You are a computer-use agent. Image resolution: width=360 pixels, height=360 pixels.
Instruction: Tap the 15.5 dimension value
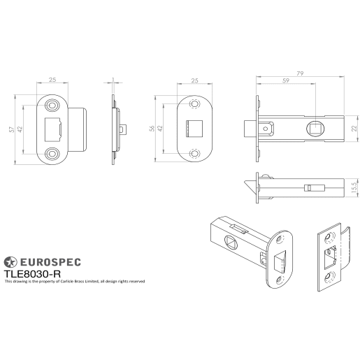(x=354, y=188)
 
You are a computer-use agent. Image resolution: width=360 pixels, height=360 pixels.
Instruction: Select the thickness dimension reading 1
(x=113, y=80)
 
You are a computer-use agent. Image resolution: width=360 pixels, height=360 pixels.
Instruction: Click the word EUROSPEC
(x=49, y=262)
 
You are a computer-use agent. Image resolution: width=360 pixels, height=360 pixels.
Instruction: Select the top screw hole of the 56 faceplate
(x=194, y=106)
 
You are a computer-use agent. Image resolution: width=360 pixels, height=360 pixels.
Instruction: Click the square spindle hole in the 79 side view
(x=315, y=128)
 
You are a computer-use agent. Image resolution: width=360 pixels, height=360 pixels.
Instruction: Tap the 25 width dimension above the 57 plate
(x=53, y=80)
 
